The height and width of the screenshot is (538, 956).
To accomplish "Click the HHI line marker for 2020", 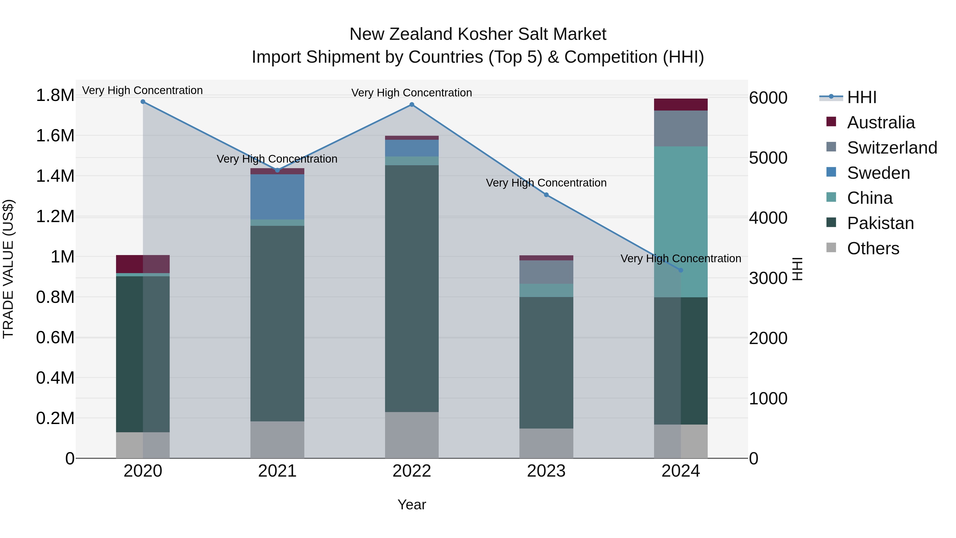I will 143,102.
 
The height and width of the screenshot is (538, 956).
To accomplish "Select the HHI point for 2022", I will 412,105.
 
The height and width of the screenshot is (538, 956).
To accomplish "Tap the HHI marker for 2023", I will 546,195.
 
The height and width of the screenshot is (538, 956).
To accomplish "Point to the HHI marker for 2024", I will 681,270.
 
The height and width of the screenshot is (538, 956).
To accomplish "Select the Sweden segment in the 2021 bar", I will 277,197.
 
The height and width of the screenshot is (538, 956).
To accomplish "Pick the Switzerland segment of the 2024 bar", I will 681,129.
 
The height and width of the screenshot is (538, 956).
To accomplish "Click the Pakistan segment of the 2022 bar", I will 412,289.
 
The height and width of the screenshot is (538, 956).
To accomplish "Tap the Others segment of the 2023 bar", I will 546,443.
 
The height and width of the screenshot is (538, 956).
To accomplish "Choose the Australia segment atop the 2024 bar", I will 681,105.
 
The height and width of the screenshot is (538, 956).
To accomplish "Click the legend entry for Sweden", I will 878,173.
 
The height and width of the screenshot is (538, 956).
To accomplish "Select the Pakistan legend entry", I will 880,223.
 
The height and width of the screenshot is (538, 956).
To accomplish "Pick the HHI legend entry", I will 861,97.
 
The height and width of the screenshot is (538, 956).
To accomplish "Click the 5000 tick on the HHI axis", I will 768,158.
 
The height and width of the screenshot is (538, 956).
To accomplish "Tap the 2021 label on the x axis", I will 277,471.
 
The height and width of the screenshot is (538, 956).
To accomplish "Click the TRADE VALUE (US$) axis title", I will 8,269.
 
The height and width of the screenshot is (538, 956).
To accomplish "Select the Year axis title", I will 412,505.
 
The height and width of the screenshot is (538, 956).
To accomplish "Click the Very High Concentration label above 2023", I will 546,183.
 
